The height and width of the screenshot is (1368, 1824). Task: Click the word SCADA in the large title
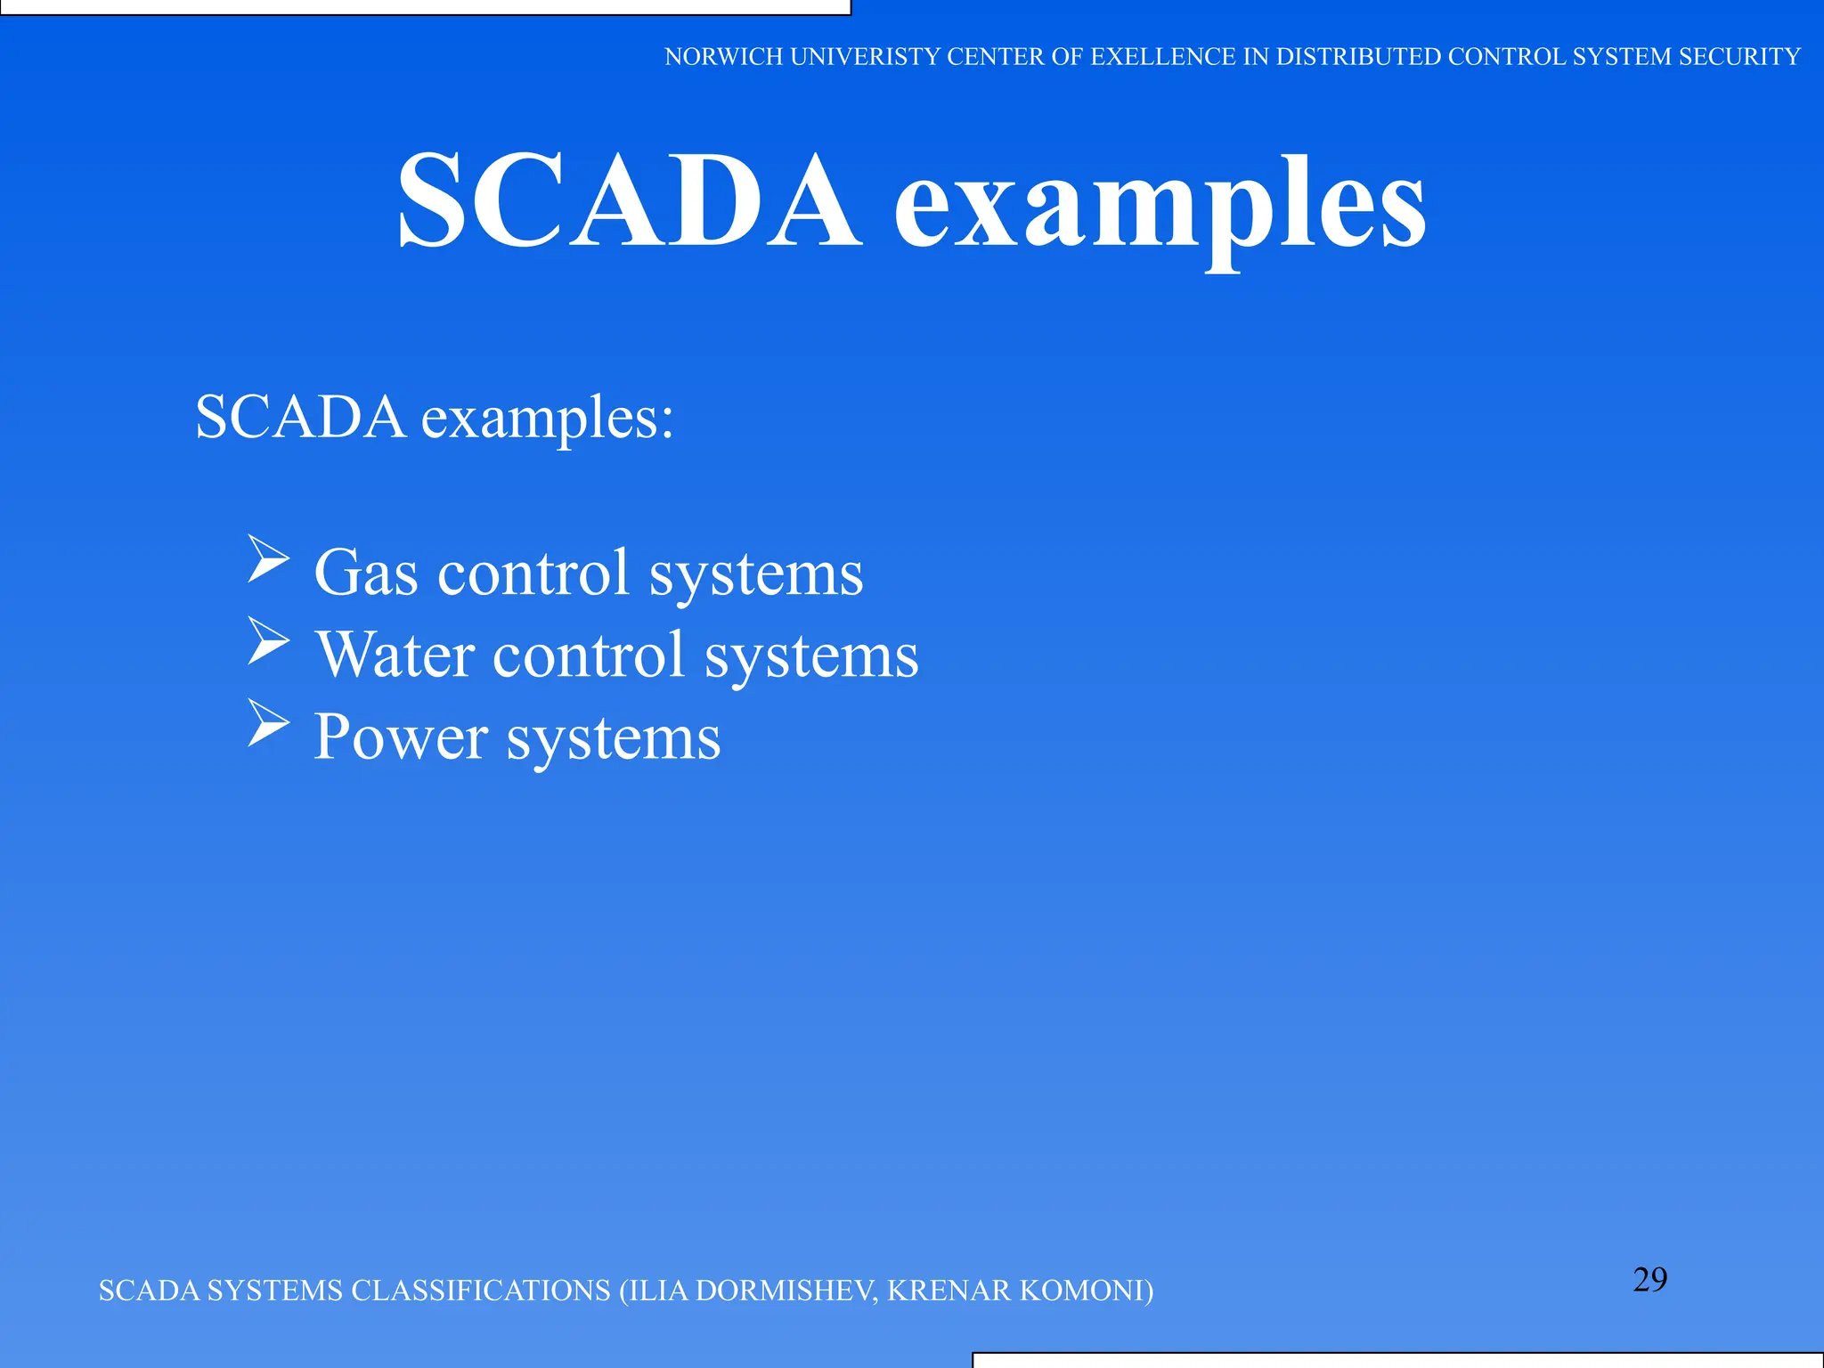629,201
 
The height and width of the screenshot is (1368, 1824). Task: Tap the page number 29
1649,1280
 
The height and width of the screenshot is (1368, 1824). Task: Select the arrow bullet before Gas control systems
268,558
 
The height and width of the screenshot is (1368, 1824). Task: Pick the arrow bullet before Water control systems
268,641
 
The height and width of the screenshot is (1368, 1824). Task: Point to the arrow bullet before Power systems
268,722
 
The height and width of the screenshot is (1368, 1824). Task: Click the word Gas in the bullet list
366,573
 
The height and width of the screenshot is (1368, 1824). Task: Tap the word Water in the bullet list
395,655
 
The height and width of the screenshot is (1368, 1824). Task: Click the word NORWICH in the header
723,57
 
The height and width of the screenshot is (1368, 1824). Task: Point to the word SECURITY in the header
1738,57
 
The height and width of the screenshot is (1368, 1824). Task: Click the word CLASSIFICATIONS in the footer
481,1291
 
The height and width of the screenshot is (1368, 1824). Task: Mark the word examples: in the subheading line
547,419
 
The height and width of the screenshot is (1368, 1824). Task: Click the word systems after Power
613,739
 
